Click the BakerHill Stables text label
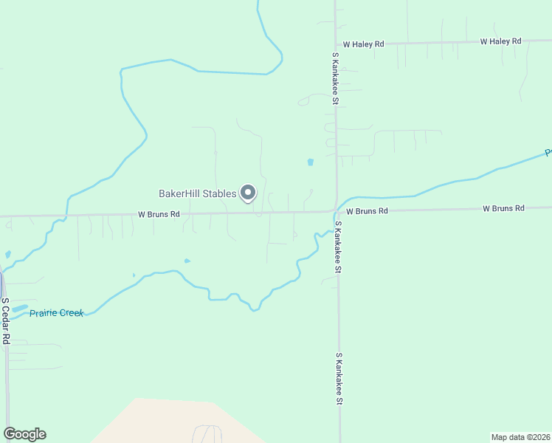[x=197, y=194]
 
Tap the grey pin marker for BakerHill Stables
[x=249, y=193]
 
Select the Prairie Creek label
[x=56, y=313]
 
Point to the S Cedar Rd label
[x=5, y=321]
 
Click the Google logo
[x=24, y=434]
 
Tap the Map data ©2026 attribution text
[x=520, y=436]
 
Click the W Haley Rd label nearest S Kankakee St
[x=363, y=44]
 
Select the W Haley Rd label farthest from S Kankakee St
[x=500, y=41]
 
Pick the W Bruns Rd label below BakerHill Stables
[x=159, y=215]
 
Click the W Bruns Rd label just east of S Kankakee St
[x=367, y=211]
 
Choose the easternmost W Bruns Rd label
[x=503, y=209]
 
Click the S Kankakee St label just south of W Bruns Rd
[x=338, y=247]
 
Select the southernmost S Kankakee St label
[x=339, y=378]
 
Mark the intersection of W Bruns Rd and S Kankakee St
[x=337, y=211]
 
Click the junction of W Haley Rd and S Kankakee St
[x=335, y=44]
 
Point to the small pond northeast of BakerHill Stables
[x=310, y=162]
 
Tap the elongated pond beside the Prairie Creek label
[x=19, y=308]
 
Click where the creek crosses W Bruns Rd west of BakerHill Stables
[x=66, y=216]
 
